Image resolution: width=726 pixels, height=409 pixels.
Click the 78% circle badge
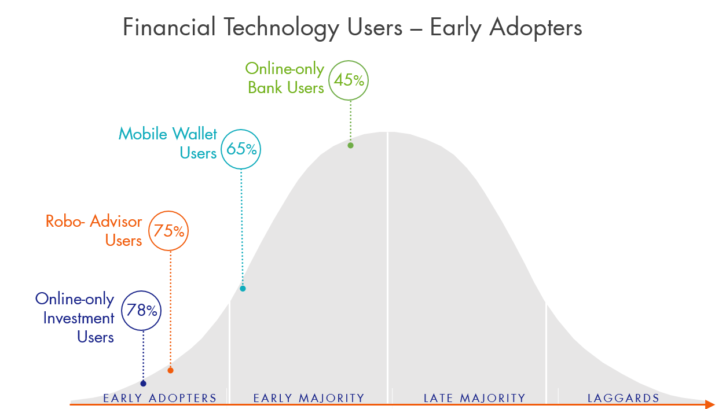click(x=141, y=311)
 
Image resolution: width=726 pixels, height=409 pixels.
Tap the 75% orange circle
click(x=169, y=231)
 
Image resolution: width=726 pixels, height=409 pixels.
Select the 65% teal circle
click(x=241, y=149)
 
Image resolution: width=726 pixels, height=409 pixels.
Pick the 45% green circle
click(x=349, y=80)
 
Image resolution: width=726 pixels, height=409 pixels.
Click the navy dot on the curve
click(x=143, y=384)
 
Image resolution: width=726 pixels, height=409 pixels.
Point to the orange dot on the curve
click(x=170, y=370)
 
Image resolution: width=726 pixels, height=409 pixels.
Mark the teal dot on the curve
click(x=243, y=288)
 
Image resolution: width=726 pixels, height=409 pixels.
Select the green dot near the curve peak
click(x=350, y=145)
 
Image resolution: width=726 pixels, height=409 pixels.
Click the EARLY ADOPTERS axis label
click(x=160, y=398)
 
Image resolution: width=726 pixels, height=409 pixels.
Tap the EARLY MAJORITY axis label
click(x=309, y=398)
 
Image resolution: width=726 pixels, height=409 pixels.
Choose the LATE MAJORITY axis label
click(x=474, y=398)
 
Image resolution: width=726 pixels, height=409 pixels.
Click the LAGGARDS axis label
click(x=624, y=398)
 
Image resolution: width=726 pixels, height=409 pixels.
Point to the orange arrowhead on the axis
click(x=710, y=404)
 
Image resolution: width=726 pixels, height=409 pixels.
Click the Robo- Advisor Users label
click(x=94, y=231)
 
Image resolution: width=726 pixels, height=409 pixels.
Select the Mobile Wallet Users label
click(x=168, y=143)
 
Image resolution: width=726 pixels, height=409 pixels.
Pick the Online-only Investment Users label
click(x=75, y=318)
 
